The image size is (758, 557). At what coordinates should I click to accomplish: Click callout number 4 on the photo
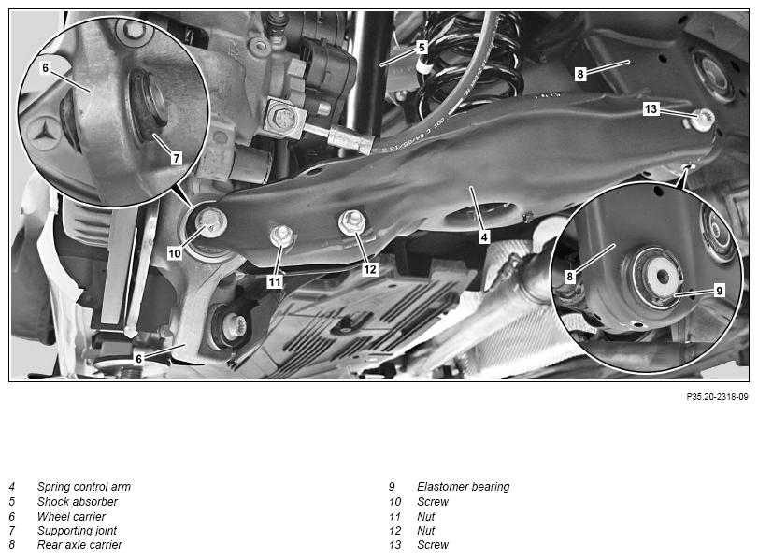pyautogui.click(x=484, y=237)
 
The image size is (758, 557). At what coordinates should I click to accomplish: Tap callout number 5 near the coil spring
pyautogui.click(x=422, y=48)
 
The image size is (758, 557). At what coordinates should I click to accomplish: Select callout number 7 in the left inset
pyautogui.click(x=176, y=158)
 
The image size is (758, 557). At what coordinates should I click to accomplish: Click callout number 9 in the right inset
pyautogui.click(x=720, y=291)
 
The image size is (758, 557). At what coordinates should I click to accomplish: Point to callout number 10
pyautogui.click(x=175, y=253)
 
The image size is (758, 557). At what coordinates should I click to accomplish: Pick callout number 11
pyautogui.click(x=275, y=281)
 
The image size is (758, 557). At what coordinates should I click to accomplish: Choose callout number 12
pyautogui.click(x=370, y=269)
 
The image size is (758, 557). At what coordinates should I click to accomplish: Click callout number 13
pyautogui.click(x=651, y=108)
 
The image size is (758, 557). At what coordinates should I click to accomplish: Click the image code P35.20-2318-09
pyautogui.click(x=717, y=397)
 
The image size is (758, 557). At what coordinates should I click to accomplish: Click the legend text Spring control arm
pyautogui.click(x=83, y=486)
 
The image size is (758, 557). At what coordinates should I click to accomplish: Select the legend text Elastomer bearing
pyautogui.click(x=463, y=486)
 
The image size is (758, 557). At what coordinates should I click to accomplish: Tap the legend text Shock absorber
pyautogui.click(x=78, y=502)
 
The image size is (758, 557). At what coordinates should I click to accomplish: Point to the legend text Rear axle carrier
pyautogui.click(x=79, y=545)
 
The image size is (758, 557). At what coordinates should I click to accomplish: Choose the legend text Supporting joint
pyautogui.click(x=77, y=531)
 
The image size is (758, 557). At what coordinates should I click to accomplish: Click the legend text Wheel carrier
pyautogui.click(x=71, y=516)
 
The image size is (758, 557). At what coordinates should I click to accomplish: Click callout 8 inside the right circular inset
pyautogui.click(x=569, y=276)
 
